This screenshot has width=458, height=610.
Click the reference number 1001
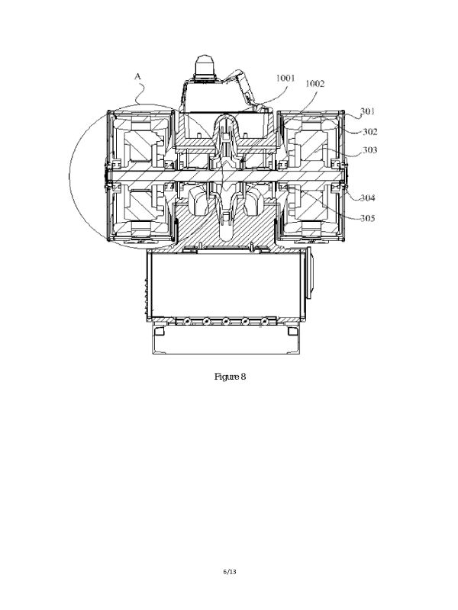(285, 79)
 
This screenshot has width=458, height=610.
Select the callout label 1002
(314, 84)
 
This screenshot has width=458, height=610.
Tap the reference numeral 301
(367, 111)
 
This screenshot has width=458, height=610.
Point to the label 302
(370, 131)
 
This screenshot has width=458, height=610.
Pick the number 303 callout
(369, 149)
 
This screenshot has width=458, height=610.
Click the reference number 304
(367, 198)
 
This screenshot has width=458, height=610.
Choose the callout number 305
(367, 218)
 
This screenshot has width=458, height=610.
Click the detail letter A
(137, 76)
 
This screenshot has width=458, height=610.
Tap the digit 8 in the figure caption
(243, 376)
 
